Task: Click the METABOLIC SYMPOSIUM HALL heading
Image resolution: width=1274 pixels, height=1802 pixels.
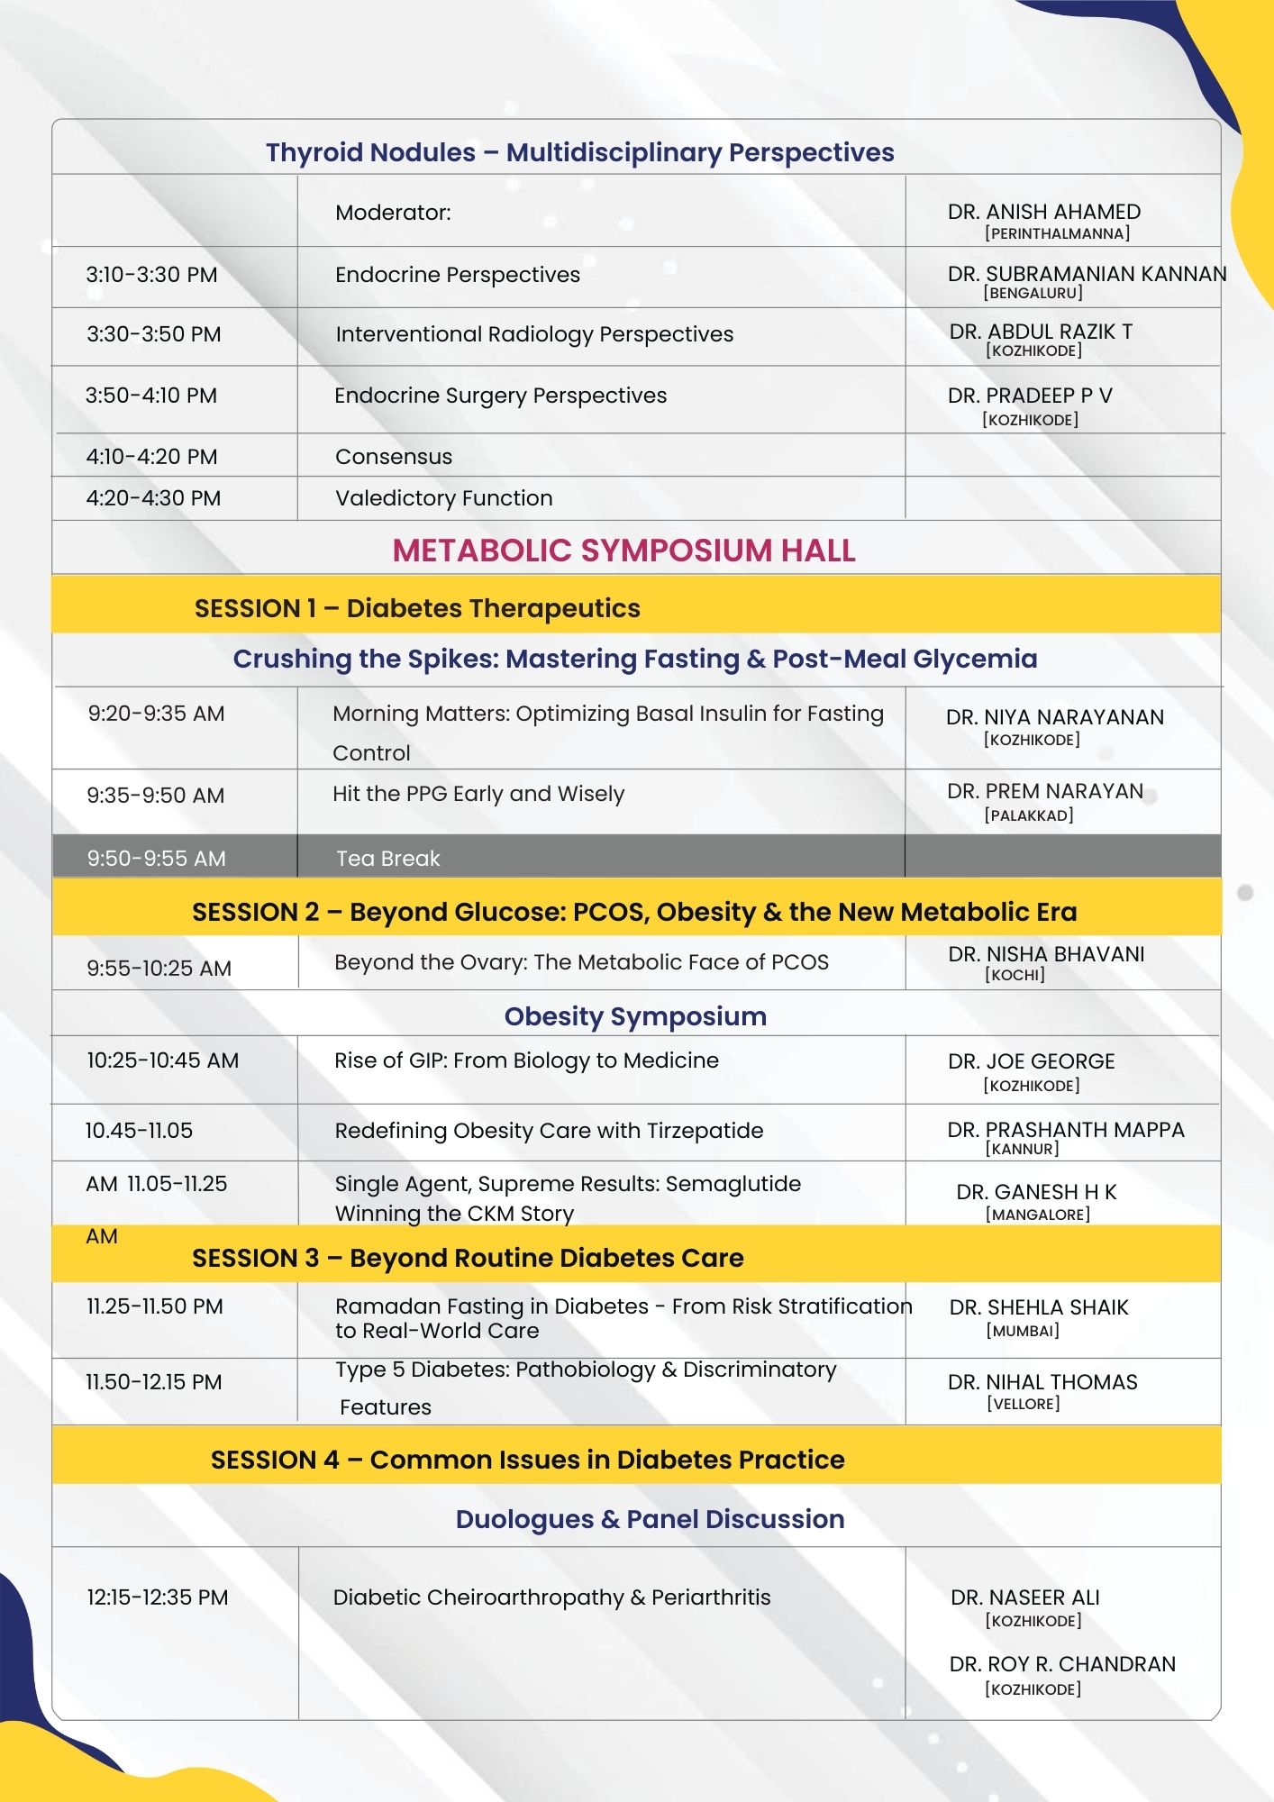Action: point(623,551)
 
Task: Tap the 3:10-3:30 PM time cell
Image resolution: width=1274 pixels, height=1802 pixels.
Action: point(151,275)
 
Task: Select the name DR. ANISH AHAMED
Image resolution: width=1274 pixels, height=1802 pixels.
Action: point(1043,212)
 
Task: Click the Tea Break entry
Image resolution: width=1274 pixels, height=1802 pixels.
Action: point(387,859)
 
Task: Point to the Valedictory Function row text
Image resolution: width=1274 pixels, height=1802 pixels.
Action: point(443,498)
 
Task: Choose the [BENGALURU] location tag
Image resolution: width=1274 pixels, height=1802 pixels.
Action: point(1033,293)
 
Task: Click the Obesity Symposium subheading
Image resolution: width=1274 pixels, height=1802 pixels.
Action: point(635,1016)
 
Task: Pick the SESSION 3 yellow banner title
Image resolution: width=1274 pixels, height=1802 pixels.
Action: point(468,1258)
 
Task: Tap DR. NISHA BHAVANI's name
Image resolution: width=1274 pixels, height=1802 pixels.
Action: point(1045,954)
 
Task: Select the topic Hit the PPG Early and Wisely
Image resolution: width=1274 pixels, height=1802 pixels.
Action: point(478,794)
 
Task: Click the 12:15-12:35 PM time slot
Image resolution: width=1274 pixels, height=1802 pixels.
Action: point(157,1597)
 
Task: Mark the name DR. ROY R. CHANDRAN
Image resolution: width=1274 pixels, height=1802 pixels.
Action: point(1061,1664)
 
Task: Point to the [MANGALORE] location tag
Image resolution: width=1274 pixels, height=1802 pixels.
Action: point(1037,1215)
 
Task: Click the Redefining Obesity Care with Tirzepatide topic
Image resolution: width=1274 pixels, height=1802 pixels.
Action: point(548,1131)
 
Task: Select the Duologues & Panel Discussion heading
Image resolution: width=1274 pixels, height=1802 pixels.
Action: point(650,1519)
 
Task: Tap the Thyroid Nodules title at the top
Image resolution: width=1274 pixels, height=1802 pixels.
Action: point(579,152)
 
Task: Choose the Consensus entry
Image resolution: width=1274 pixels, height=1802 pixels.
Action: point(393,457)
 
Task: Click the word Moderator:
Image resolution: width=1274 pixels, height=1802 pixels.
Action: point(393,213)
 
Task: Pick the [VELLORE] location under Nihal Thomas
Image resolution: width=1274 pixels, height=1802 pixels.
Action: point(1023,1404)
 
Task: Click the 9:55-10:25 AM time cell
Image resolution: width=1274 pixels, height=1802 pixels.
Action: point(159,969)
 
